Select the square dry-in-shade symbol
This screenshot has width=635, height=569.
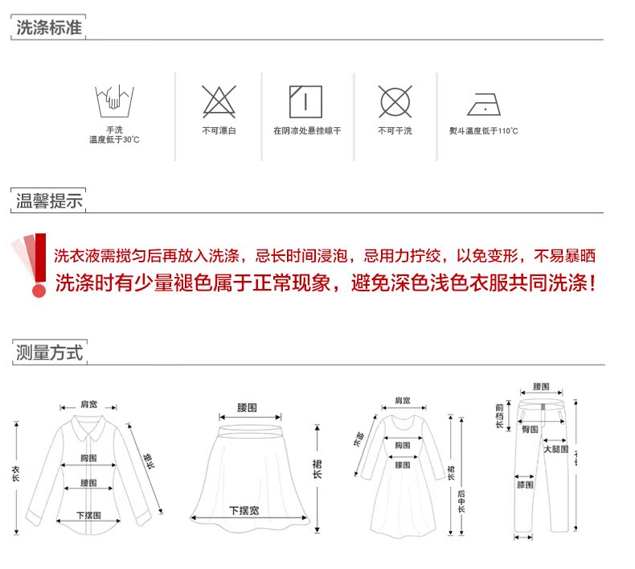pos(305,101)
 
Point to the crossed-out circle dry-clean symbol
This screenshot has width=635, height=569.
pos(395,101)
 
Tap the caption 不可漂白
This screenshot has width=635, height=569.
pos(218,130)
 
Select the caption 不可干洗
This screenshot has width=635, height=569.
pos(395,130)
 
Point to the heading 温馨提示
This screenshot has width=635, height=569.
pos(49,200)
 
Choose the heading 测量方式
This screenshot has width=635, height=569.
pos(49,352)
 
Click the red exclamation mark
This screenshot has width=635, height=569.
pos(34,266)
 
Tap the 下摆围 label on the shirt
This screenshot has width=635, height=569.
pos(88,515)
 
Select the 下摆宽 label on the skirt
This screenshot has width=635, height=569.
pos(244,510)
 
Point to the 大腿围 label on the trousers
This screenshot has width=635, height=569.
pos(555,449)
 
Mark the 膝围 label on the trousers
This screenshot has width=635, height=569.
pos(525,485)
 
